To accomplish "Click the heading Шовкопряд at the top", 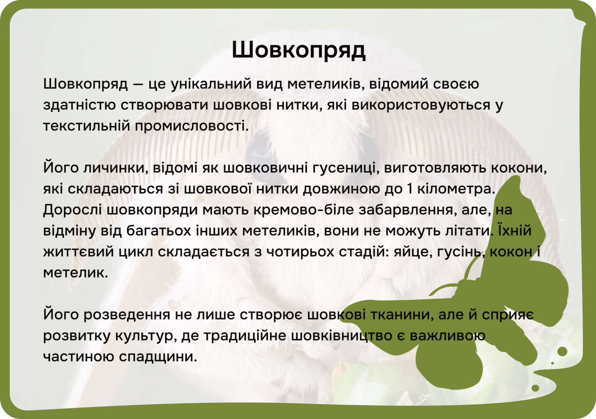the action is (299, 50).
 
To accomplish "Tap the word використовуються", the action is (421, 105).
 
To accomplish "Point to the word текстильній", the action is (87, 126).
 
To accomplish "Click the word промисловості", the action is (192, 126).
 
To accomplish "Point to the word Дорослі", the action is (72, 210).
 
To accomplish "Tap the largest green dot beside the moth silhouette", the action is (562, 352).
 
